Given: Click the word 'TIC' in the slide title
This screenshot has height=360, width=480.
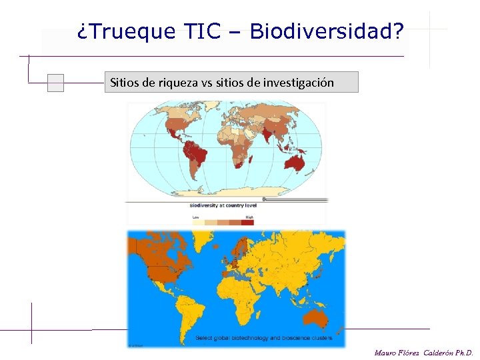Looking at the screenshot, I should click(203, 31).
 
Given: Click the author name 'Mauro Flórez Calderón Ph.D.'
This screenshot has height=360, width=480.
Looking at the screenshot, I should click(423, 352).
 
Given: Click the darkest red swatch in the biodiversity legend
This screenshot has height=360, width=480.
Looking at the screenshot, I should click(247, 223).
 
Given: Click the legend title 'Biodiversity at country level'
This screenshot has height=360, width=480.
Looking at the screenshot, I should click(223, 205).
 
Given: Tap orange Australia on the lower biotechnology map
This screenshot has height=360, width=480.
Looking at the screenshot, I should click(319, 318).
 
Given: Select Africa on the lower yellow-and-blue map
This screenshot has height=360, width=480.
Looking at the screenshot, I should click(236, 300).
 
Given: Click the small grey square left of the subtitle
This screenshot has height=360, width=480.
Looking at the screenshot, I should click(56, 83).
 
